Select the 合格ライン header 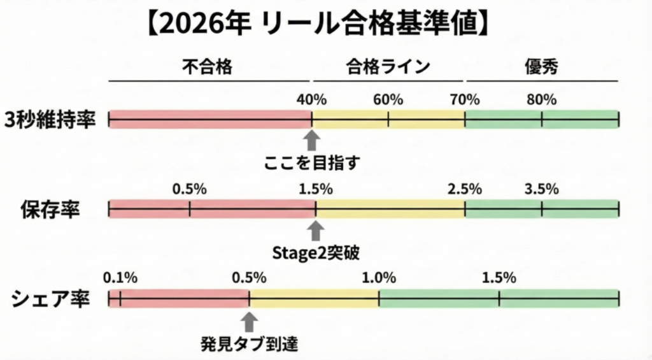(x=388, y=68)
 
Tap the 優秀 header (x=542, y=68)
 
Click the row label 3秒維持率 (x=50, y=120)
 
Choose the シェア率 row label (x=50, y=298)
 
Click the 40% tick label (x=311, y=99)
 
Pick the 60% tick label (x=388, y=99)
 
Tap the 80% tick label (x=542, y=99)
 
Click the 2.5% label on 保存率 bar (x=465, y=189)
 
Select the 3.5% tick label (x=542, y=189)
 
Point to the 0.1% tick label (x=120, y=278)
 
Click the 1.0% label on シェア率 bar (x=379, y=278)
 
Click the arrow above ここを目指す (x=311, y=140)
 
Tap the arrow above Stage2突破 (x=316, y=230)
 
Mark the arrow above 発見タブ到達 (x=250, y=320)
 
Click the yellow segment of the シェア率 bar (x=314, y=298)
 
